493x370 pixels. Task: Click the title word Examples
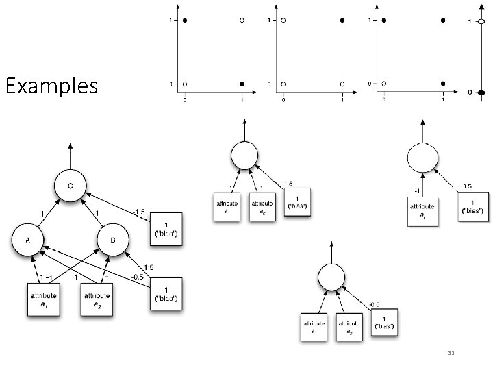click(51, 87)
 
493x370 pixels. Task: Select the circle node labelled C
click(71, 186)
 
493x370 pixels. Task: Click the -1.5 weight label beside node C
click(140, 211)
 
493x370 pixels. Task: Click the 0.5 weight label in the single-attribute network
click(467, 185)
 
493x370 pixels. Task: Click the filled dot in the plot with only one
click(342, 21)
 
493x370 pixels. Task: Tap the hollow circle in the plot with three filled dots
click(384, 84)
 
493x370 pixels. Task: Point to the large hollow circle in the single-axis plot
click(481, 22)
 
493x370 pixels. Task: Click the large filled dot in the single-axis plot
click(481, 92)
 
